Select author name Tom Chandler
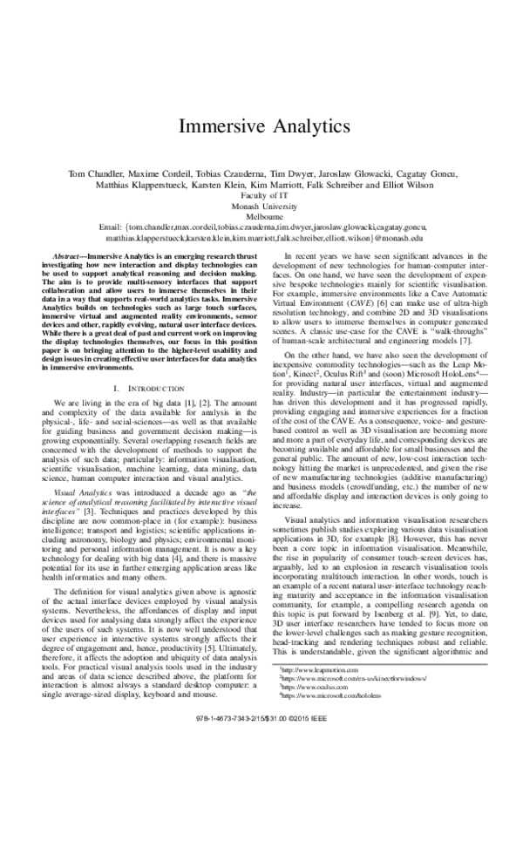point(94,173)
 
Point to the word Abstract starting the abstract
point(68,257)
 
